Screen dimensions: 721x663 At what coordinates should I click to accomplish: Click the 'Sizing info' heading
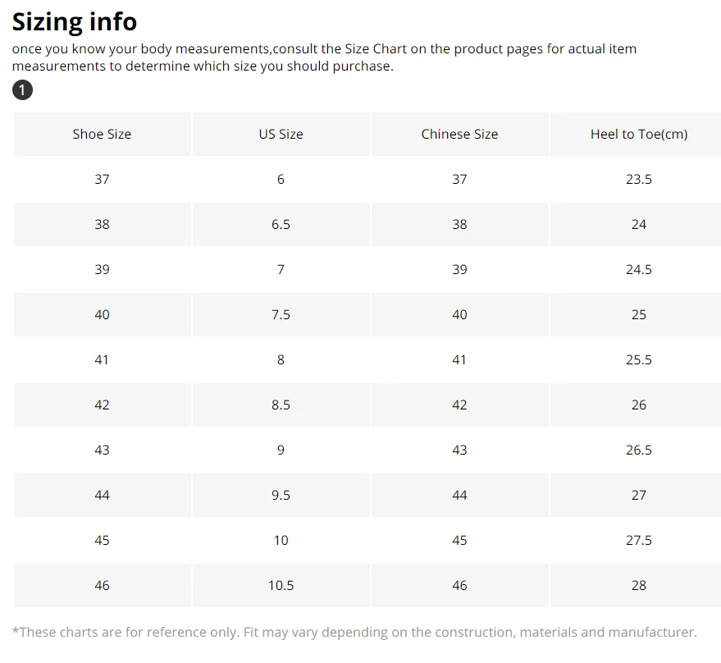click(75, 22)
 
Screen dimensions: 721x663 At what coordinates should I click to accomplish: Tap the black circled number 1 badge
click(22, 89)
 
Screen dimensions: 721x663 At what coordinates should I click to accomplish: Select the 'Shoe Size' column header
click(102, 134)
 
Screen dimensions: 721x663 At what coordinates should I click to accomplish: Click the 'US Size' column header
click(281, 134)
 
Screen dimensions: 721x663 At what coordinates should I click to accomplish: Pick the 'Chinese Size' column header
click(460, 134)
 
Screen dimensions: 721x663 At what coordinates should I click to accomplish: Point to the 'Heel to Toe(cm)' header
click(639, 135)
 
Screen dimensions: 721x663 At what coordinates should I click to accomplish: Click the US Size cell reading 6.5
click(281, 224)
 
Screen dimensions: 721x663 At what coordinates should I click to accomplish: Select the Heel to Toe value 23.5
click(639, 179)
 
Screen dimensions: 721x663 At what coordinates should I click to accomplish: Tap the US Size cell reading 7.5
click(281, 314)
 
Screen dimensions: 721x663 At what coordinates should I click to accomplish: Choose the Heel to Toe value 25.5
click(639, 359)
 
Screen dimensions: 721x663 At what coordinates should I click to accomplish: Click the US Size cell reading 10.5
click(281, 585)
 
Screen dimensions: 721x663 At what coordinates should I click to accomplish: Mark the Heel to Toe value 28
click(639, 585)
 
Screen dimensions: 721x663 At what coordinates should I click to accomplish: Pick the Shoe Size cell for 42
click(102, 405)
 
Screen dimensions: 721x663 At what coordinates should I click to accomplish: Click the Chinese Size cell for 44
click(460, 495)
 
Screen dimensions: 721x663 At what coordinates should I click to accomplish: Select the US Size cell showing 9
click(281, 450)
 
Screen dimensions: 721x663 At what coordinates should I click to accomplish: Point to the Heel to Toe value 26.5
click(639, 450)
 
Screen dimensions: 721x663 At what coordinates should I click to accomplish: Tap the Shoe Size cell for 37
click(102, 179)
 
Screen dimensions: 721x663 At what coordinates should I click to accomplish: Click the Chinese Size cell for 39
click(460, 269)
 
